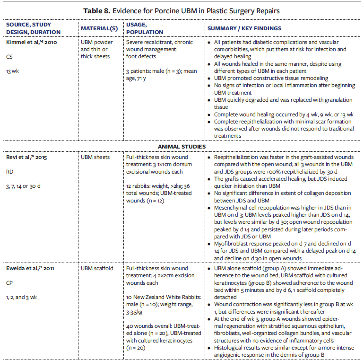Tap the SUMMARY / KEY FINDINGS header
244,29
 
